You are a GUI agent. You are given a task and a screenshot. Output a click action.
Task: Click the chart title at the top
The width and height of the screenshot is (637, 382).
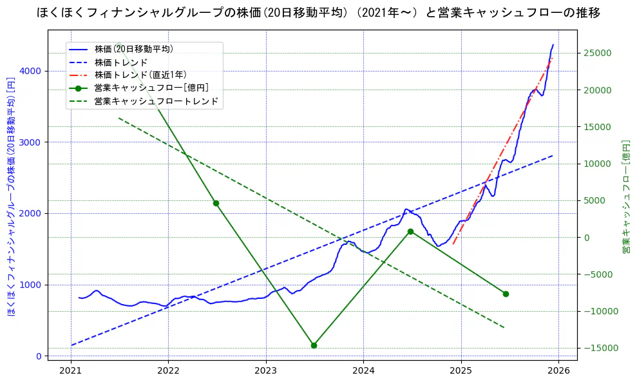tap(318, 12)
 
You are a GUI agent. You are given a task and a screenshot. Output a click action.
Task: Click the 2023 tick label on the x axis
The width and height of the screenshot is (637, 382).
tap(266, 370)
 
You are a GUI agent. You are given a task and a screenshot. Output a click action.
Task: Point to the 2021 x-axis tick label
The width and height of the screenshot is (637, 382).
tap(71, 370)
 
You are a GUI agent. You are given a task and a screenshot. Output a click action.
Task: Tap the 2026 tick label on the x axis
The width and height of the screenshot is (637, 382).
tap(558, 370)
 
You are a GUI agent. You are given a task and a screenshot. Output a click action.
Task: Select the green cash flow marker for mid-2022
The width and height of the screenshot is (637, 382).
tap(216, 203)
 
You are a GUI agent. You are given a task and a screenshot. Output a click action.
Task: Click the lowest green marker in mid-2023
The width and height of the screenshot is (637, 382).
tap(314, 345)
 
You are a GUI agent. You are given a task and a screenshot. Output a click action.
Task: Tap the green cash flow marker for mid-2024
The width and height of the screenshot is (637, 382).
tap(410, 231)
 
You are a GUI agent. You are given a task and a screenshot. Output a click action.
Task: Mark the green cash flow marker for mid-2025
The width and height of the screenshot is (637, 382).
tap(506, 294)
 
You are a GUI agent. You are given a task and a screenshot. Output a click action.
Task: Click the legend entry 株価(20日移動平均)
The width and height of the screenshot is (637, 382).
tap(133, 49)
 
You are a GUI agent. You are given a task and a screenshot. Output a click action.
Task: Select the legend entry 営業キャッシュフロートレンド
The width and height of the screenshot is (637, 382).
tap(156, 101)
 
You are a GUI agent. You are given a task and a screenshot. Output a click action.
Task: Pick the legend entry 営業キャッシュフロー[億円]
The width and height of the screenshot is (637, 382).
tap(151, 88)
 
